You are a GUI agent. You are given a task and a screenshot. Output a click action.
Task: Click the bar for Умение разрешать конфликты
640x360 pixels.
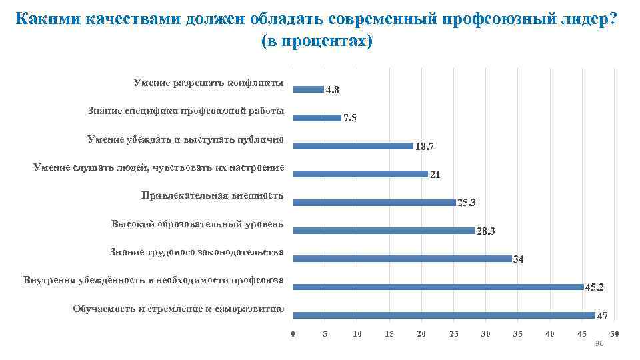pos(309,89)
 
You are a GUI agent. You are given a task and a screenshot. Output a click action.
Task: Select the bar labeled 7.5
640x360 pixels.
pos(317,117)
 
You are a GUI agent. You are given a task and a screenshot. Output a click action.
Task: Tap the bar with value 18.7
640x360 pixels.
pos(353,145)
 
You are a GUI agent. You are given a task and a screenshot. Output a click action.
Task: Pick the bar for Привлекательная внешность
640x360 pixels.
pos(375,202)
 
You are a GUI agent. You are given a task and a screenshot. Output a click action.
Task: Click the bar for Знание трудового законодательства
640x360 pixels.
pos(403,259)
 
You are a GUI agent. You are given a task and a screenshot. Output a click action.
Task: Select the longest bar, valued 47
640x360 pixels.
pos(444,315)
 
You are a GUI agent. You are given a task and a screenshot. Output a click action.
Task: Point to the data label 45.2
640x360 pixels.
pos(595,287)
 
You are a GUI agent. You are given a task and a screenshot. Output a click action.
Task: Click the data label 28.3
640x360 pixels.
pos(487,231)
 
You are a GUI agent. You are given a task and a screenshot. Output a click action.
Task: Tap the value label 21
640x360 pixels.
pos(435,175)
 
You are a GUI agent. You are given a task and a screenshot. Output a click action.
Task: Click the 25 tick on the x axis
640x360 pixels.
pos(454,333)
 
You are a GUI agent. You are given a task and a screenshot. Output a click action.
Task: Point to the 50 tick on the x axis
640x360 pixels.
pos(615,333)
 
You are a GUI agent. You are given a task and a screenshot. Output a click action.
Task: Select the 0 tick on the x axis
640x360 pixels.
pos(293,333)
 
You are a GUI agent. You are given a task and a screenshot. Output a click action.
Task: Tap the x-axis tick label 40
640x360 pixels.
pos(550,333)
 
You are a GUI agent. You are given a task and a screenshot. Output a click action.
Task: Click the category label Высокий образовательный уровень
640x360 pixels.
pos(197,224)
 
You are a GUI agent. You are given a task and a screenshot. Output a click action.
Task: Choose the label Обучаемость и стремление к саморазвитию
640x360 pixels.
pos(179,309)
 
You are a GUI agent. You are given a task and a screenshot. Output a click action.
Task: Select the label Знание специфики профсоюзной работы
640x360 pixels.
pos(186,111)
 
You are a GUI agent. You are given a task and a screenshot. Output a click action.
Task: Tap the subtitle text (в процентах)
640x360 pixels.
pos(317,41)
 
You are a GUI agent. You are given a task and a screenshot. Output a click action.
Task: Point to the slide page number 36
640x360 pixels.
pos(599,343)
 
